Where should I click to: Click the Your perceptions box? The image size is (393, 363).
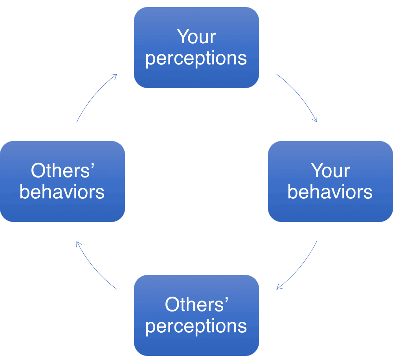[196, 47]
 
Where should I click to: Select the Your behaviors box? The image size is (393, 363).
[330, 181]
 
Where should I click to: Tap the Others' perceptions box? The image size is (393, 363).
[196, 315]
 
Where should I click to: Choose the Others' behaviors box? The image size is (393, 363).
[62, 181]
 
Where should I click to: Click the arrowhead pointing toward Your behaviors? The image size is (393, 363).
[315, 119]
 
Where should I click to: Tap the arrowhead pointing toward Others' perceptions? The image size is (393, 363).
[279, 288]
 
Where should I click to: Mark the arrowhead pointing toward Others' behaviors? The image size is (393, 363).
[78, 244]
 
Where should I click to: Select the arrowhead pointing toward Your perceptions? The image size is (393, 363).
[115, 75]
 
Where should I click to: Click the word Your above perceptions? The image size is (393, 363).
[196, 37]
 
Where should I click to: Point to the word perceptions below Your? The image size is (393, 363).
[196, 58]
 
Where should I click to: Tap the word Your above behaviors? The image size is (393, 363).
[330, 171]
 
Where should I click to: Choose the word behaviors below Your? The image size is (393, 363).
[330, 192]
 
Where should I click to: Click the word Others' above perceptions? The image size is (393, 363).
[196, 305]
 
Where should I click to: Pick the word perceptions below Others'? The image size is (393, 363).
[196, 326]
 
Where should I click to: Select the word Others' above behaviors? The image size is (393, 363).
[63, 171]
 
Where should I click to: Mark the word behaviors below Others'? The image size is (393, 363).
[62, 192]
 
